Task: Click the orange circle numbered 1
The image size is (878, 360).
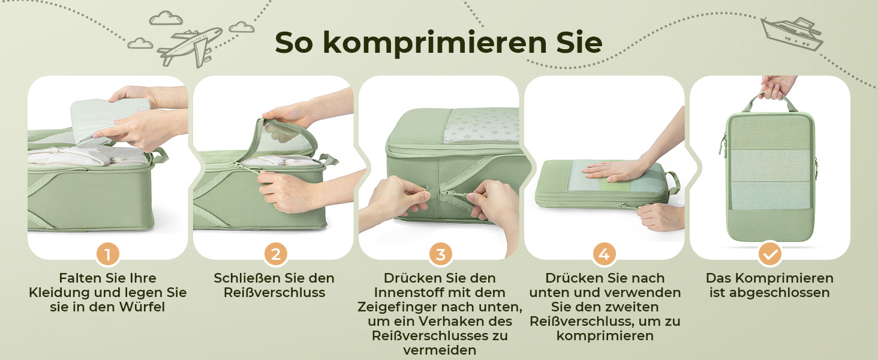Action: click(108, 254)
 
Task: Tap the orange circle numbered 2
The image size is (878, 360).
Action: click(275, 254)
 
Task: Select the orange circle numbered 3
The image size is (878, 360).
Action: click(441, 254)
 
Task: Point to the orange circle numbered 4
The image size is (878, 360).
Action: click(605, 254)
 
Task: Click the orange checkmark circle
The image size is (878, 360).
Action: click(770, 254)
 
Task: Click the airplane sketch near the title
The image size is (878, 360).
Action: click(190, 46)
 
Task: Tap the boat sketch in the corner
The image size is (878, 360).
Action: click(792, 35)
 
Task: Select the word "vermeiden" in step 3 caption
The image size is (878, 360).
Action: click(440, 350)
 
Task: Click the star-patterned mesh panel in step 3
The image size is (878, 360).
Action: click(481, 125)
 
